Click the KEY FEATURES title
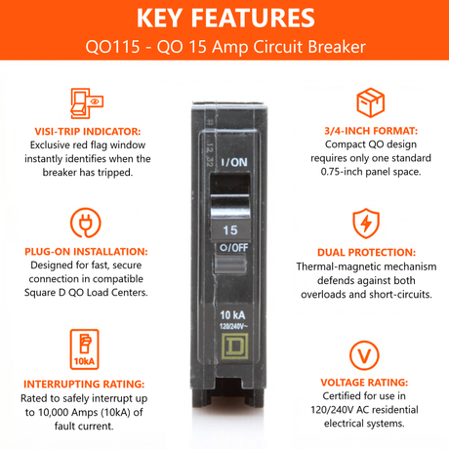point(225,18)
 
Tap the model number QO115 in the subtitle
point(112,47)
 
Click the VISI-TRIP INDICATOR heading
point(88,132)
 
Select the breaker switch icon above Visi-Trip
point(87,103)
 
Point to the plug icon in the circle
point(86,223)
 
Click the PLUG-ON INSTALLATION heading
point(86,252)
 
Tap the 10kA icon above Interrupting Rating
point(84,349)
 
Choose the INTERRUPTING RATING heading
point(84,384)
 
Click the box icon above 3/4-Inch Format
point(370,102)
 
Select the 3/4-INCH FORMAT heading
point(371,131)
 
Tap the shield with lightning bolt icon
point(366,224)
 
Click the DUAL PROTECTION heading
point(366,253)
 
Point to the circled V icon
point(364,355)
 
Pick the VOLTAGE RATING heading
point(364,383)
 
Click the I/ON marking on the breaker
point(234,162)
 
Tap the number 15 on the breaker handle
point(230,230)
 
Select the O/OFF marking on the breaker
point(234,248)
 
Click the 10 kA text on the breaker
point(232,315)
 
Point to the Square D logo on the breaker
point(235,347)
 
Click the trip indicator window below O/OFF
point(229,264)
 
